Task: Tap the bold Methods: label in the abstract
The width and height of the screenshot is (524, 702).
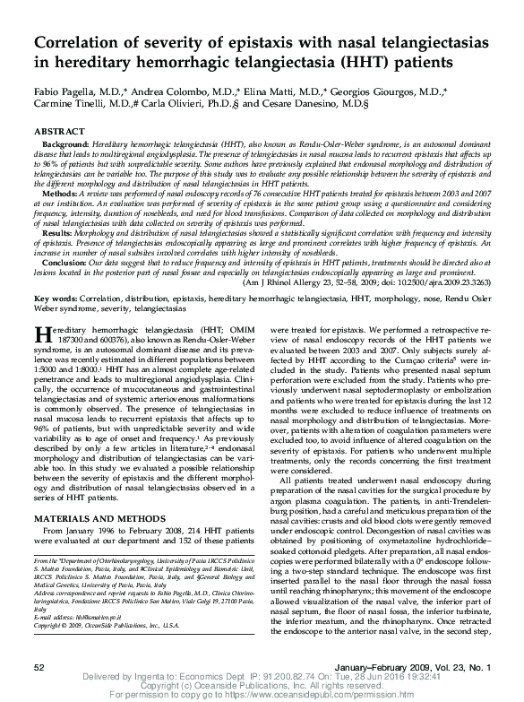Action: pos(62,192)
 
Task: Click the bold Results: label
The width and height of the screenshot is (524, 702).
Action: pos(61,231)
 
